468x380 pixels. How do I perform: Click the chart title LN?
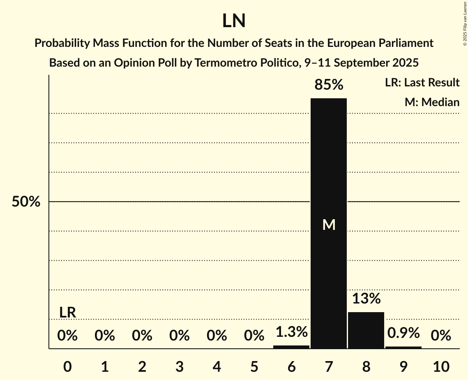click(234, 21)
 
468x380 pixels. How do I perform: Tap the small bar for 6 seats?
click(291, 347)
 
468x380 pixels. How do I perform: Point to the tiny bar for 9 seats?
click(403, 348)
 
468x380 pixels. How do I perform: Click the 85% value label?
click(329, 85)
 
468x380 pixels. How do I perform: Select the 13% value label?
click(366, 299)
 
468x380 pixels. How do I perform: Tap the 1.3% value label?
click(291, 332)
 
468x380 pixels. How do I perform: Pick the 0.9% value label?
click(403, 333)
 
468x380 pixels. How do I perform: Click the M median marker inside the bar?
click(329, 225)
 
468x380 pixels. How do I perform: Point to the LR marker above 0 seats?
click(67, 313)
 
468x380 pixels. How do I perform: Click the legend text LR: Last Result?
click(422, 83)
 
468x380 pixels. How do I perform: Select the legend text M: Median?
click(432, 102)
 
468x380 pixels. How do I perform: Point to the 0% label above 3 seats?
click(180, 336)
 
